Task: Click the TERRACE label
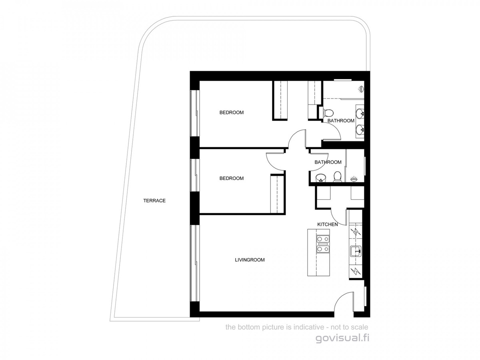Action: pyautogui.click(x=154, y=201)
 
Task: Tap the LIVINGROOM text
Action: pyautogui.click(x=250, y=260)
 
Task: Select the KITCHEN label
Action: pyautogui.click(x=327, y=225)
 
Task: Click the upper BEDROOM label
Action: pyautogui.click(x=231, y=112)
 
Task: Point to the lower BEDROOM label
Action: pyautogui.click(x=231, y=178)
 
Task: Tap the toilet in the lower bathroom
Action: pyautogui.click(x=337, y=176)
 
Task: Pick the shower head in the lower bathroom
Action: pyautogui.click(x=354, y=179)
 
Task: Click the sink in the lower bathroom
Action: pyautogui.click(x=321, y=178)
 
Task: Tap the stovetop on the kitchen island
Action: pyautogui.click(x=322, y=244)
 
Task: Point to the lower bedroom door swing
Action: pyautogui.click(x=275, y=160)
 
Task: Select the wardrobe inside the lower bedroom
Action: pyautogui.click(x=277, y=194)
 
